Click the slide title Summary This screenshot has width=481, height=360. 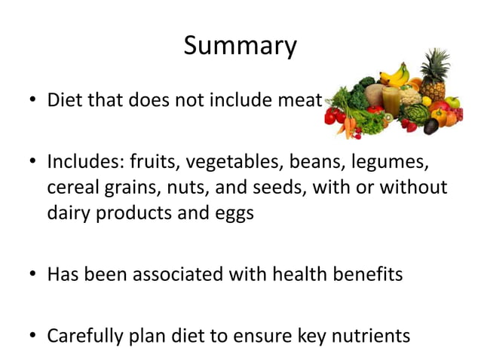click(240, 46)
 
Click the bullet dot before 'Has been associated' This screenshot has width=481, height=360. click(33, 274)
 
